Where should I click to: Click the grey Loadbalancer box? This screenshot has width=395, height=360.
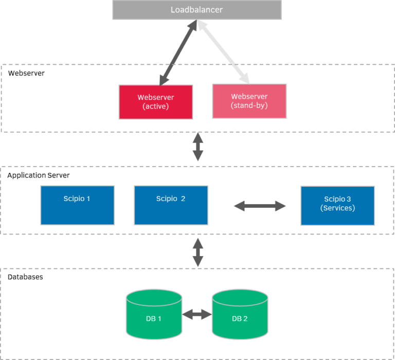click(197, 10)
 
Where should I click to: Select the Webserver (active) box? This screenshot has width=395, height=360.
click(156, 102)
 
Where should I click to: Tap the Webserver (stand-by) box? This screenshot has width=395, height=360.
click(249, 101)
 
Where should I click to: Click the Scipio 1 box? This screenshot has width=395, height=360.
click(77, 205)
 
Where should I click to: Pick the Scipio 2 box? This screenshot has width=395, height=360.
click(171, 205)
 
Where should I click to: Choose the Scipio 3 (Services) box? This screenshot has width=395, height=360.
click(337, 205)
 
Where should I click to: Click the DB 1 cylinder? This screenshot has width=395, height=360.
click(153, 315)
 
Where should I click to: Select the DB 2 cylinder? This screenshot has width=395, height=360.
click(240, 315)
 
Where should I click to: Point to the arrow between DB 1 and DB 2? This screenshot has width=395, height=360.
click(196, 314)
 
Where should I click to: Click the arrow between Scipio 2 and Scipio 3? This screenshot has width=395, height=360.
click(260, 206)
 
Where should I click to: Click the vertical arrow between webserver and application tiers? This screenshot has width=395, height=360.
click(198, 148)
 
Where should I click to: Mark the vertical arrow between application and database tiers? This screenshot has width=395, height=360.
click(198, 251)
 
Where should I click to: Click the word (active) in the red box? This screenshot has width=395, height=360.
click(156, 106)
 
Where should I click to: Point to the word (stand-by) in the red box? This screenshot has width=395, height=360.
click(249, 106)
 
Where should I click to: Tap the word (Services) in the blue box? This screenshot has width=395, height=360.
click(337, 208)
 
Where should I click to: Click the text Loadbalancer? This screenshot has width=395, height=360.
click(197, 10)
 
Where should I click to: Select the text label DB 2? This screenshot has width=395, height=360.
click(240, 318)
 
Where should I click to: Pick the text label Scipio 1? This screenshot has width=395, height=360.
click(77, 199)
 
